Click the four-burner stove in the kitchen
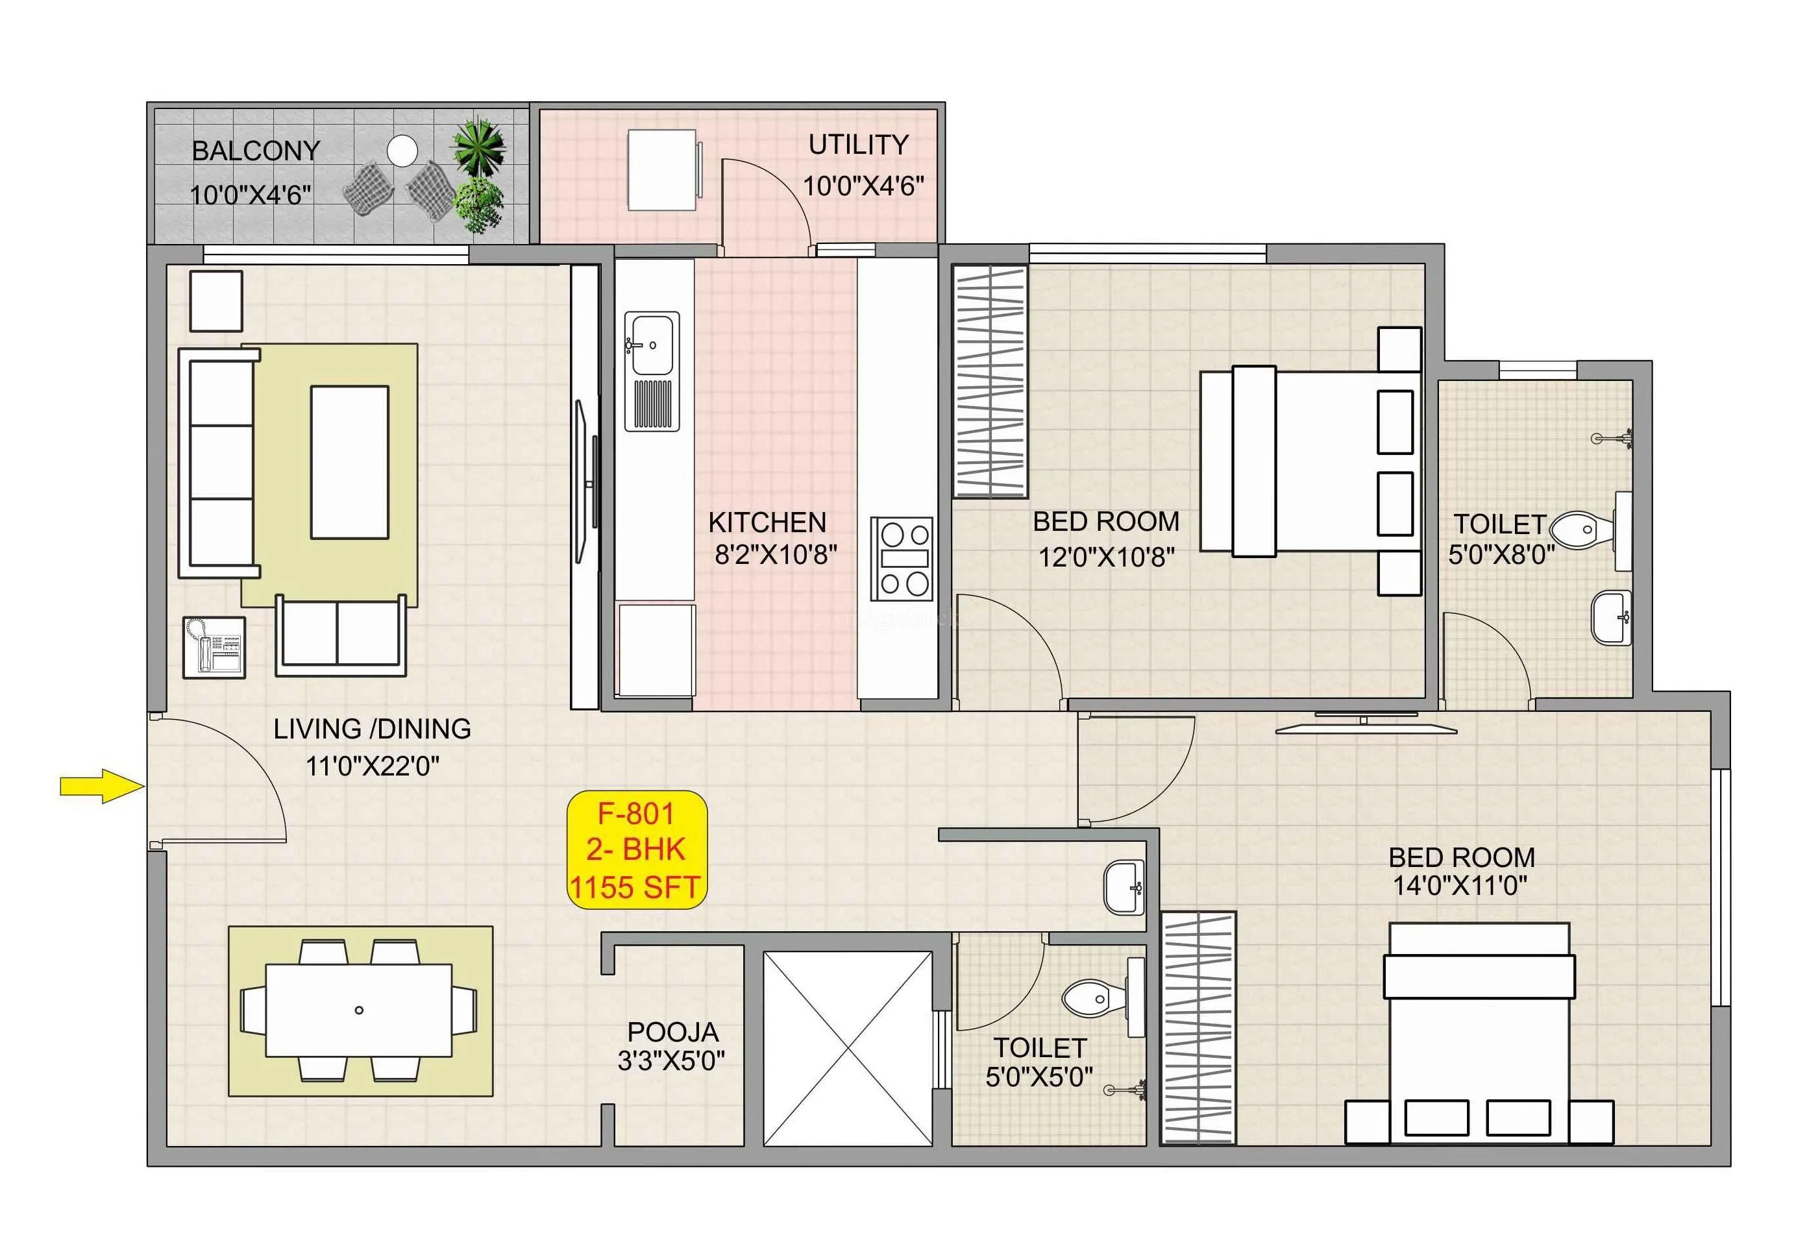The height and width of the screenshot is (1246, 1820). [902, 558]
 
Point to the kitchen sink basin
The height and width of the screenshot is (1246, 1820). [652, 345]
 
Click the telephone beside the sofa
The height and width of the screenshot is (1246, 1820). [214, 647]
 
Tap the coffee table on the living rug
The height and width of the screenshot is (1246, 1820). [349, 462]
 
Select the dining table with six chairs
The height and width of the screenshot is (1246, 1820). [359, 1010]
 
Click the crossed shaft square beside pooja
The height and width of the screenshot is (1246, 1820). [847, 1049]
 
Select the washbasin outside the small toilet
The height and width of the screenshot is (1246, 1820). [1123, 887]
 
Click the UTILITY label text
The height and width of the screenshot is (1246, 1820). [857, 145]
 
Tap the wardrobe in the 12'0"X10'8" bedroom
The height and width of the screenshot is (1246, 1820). [989, 382]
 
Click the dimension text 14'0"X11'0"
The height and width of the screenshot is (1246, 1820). [1459, 886]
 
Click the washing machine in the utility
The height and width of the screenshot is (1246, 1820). [663, 170]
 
